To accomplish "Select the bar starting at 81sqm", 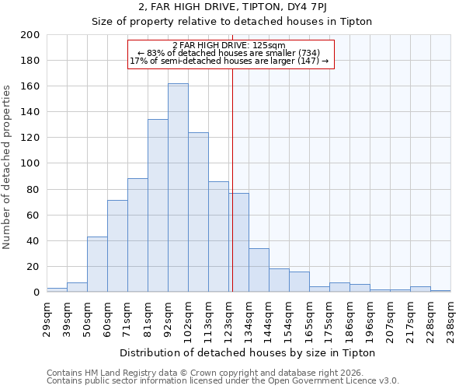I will (x=158, y=205).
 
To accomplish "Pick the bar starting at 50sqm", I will (x=97, y=265).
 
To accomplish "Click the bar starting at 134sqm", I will (x=259, y=270).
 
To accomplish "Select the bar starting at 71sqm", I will (x=137, y=235).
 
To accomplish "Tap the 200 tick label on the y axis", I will (x=30, y=35).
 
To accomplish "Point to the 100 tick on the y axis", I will (x=30, y=163).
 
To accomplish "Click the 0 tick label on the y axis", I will (x=36, y=293).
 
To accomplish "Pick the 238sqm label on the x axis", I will (x=450, y=317).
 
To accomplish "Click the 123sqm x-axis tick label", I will (x=228, y=319).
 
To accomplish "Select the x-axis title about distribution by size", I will (x=248, y=352).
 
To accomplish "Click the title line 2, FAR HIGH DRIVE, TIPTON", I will (x=232, y=7).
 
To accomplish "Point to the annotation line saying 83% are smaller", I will (x=229, y=53).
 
